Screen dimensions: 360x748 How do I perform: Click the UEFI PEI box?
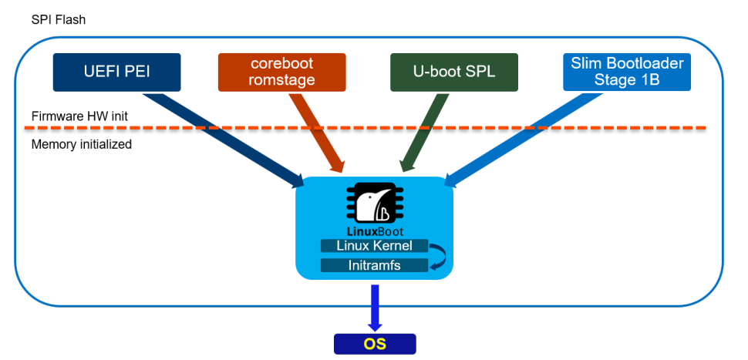116,72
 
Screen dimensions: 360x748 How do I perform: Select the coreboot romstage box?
282,72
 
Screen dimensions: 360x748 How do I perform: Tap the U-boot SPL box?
453,72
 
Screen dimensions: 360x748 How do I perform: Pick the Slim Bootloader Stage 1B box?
626,72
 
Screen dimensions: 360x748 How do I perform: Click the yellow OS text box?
374,344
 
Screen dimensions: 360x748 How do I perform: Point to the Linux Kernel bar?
374,246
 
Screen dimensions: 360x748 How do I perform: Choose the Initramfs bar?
374,265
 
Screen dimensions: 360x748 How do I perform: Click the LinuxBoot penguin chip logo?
374,204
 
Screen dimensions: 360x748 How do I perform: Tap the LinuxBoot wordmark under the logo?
374,231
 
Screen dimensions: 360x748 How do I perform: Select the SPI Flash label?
59,20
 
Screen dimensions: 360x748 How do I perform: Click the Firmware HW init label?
79,116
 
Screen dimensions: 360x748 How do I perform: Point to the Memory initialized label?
82,144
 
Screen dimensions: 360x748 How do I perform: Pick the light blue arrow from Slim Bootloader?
524,139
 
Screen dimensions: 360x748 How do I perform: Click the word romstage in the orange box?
282,79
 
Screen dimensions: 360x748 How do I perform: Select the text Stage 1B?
626,79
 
